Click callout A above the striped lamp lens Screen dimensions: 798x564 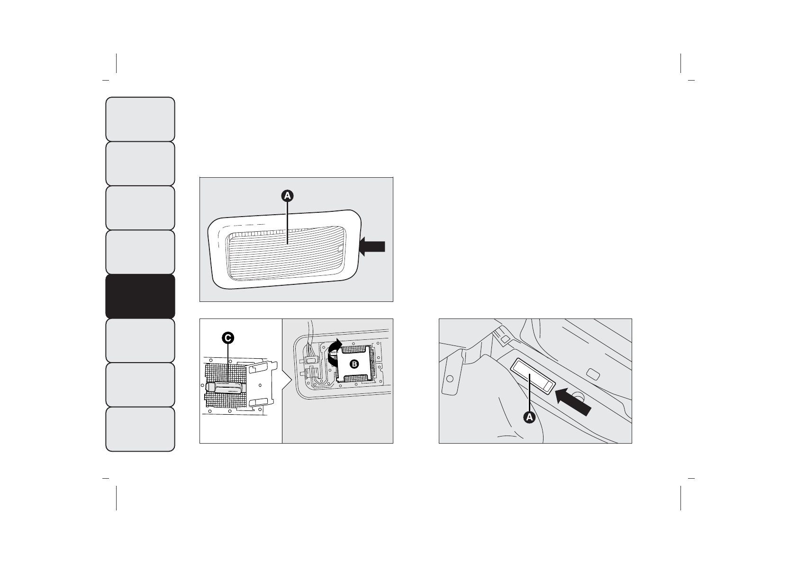coord(288,195)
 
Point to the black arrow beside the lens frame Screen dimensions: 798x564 coord(372,246)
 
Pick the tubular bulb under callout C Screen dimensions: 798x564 coord(228,387)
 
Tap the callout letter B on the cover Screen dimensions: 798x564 coord(354,364)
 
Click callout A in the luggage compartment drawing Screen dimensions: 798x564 coord(529,417)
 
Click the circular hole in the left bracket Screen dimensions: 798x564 coord(450,379)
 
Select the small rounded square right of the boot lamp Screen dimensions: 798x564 coord(592,373)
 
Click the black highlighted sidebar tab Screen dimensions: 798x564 coord(140,296)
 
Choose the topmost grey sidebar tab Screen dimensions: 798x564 coord(140,119)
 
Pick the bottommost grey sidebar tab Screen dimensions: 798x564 coord(140,429)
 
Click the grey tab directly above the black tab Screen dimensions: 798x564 coord(140,252)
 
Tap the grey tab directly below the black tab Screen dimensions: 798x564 coord(140,340)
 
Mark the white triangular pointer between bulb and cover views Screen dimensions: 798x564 coord(286,381)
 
